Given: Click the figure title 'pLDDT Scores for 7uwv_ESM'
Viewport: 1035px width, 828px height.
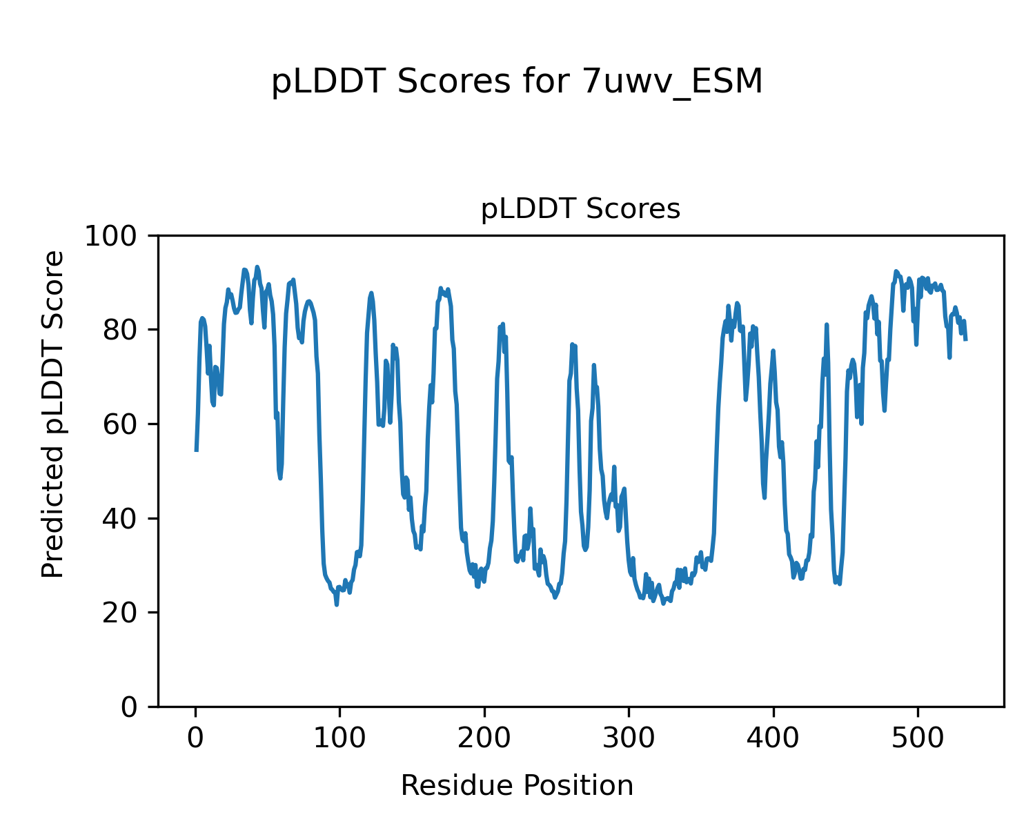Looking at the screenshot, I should pos(517,82).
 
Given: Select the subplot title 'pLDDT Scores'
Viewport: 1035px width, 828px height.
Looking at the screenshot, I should pos(580,209).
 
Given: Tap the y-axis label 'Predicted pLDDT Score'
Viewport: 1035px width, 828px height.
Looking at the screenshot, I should pos(53,414).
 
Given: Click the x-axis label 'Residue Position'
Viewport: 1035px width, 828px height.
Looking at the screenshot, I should pos(517,786).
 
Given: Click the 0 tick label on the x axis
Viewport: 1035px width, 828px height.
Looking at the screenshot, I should pos(196,738).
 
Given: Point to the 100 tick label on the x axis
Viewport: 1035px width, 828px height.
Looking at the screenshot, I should pos(340,738).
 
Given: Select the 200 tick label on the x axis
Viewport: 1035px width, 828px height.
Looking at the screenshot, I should pos(484,738).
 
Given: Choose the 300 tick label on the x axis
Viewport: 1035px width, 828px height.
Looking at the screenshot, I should pos(629,738).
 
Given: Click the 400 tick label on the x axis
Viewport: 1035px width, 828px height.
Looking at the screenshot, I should pos(773,738).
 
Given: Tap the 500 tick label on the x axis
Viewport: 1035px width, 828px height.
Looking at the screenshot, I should pos(918,738).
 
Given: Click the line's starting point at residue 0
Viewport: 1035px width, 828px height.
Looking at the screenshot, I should pos(197,451).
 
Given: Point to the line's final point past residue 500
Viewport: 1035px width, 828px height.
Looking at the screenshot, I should pos(966,339).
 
